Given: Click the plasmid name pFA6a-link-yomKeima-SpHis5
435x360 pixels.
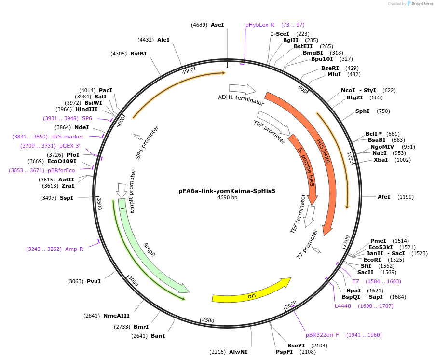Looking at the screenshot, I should pos(227,191).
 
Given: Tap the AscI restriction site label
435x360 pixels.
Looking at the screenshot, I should pos(217,25).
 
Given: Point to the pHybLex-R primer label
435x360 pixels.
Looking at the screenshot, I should pos(260,25).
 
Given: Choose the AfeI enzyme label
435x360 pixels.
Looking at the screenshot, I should pos(384,197).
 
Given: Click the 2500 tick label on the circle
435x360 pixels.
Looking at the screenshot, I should pos(208,320).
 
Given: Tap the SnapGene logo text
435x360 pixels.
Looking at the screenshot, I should pos(421,4).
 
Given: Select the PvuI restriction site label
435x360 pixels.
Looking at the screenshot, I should pos(94,281).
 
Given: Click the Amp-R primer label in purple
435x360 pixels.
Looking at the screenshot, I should pos(74,249).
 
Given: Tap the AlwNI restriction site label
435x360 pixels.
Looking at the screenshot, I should pos(238,352).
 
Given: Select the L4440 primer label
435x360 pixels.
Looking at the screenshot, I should pos(343,306).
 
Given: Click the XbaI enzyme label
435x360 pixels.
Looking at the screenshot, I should pos(381,160).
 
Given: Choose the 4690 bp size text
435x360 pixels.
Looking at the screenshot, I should pos(227,198).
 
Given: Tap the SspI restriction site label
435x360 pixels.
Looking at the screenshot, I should pos(67,198).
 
